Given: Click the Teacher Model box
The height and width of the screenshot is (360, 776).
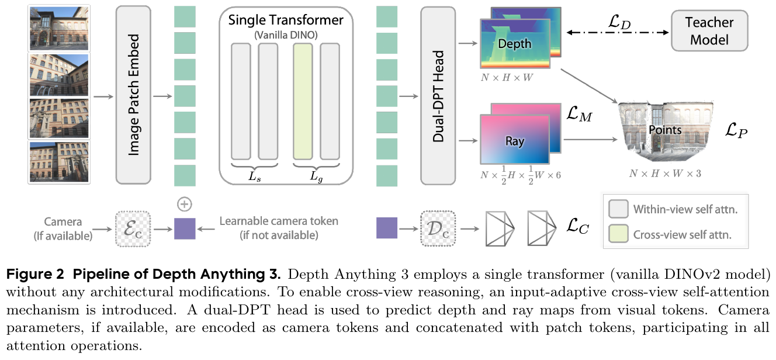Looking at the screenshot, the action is (709, 31).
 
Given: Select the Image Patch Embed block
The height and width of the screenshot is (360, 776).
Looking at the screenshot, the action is (133, 95).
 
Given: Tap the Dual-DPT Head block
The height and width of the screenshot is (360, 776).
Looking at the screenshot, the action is (438, 96).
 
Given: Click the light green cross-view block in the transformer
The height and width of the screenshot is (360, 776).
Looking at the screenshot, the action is (303, 101).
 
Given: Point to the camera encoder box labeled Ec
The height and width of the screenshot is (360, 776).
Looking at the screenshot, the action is (133, 229).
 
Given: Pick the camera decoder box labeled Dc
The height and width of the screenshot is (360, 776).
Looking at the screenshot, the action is (438, 229).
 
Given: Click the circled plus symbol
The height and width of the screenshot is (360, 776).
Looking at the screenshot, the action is (184, 204).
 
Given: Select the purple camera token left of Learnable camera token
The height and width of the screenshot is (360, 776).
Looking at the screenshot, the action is (185, 229).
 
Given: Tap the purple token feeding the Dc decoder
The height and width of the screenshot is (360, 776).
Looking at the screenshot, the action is (387, 228).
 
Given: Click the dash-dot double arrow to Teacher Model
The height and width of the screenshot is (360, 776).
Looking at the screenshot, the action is (618, 33).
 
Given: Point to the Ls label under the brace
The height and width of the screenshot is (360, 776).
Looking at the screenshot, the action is (254, 176).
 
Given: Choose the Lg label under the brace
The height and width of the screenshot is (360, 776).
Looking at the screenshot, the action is (316, 176).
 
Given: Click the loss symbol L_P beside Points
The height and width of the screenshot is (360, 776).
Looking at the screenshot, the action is (736, 130).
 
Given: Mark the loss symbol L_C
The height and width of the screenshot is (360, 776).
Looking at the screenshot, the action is (577, 226).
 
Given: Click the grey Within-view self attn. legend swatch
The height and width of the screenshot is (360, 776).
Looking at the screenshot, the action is (618, 209).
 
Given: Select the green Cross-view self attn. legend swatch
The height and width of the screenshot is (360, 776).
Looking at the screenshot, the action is (618, 234).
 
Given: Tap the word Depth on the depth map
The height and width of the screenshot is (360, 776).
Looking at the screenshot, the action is (514, 44).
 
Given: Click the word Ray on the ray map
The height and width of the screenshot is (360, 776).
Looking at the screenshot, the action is (515, 141).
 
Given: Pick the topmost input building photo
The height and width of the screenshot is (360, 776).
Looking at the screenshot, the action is (59, 29).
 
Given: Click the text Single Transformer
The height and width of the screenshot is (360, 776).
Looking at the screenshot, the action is (286, 20).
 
